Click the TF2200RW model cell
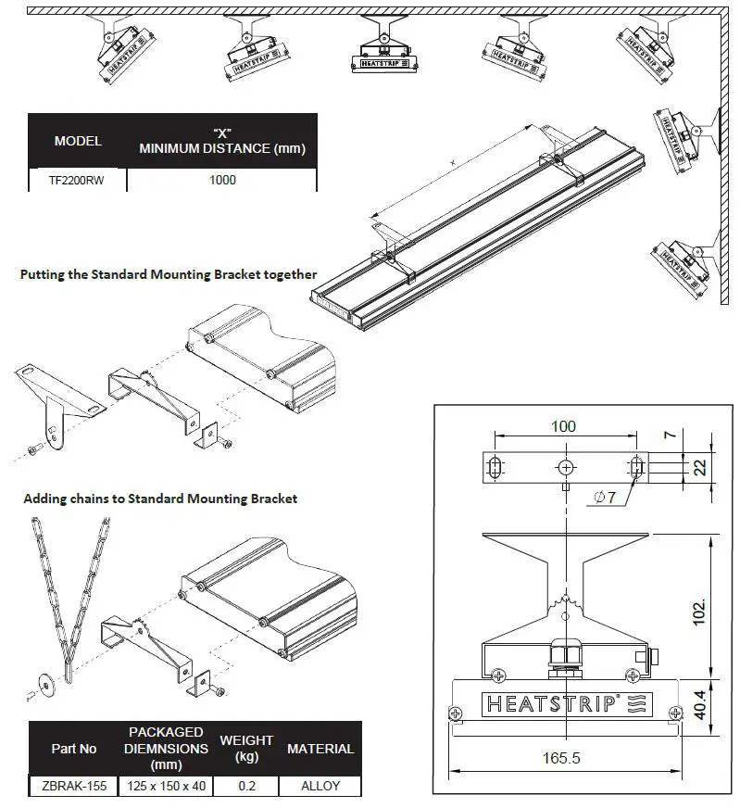76,180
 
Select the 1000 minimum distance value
222,180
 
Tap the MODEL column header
78,142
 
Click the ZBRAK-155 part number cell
74,786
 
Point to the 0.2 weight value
245,786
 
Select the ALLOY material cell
320,786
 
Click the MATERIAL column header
320,748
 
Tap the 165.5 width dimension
563,757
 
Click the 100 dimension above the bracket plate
563,426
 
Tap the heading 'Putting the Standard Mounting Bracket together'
169,274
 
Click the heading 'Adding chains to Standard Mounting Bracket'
160,499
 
